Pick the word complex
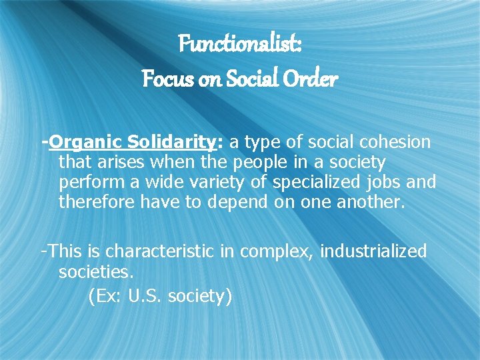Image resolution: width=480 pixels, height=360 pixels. coord(277,252)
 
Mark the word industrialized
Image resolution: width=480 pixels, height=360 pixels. coord(374,251)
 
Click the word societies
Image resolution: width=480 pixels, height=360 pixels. coord(96,271)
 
